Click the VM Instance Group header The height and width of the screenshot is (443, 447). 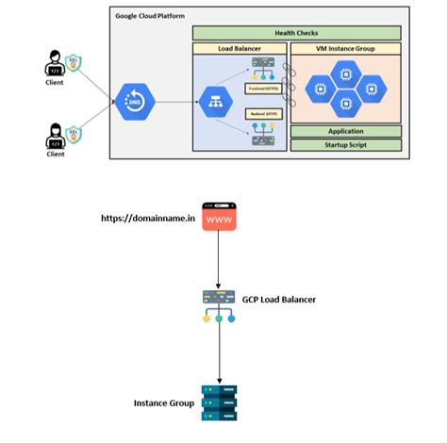click(x=345, y=47)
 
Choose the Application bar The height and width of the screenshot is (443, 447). click(x=345, y=131)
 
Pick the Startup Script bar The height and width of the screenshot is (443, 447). click(x=345, y=144)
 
